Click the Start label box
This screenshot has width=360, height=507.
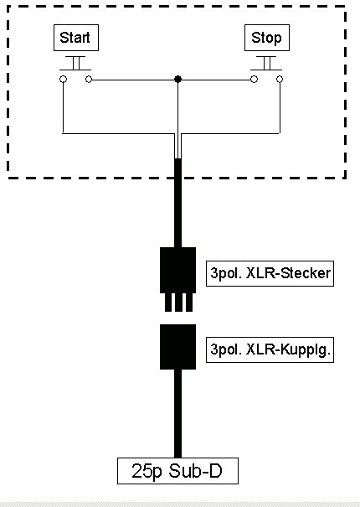click(76, 38)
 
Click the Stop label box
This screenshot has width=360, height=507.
click(267, 38)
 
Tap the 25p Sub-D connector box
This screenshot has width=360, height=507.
click(177, 471)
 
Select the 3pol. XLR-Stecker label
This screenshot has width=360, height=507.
click(270, 273)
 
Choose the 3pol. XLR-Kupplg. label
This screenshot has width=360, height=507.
click(270, 349)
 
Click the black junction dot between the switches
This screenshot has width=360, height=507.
click(177, 80)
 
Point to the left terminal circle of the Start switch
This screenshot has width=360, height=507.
click(64, 80)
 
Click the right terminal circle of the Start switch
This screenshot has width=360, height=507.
click(89, 80)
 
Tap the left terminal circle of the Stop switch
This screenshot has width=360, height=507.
click(255, 80)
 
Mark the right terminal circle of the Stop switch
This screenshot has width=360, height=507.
click(280, 80)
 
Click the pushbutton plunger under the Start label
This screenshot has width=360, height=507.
click(75, 63)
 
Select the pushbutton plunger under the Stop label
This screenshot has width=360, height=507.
click(266, 63)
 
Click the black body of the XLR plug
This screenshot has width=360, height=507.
click(177, 270)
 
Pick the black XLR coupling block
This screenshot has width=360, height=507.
click(177, 347)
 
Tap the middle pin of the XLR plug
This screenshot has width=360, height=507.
click(178, 303)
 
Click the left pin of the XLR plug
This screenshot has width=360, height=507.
click(168, 303)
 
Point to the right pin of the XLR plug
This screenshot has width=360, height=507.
click(189, 303)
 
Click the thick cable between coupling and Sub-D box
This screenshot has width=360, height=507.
click(177, 413)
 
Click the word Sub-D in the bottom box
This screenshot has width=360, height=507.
click(195, 471)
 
